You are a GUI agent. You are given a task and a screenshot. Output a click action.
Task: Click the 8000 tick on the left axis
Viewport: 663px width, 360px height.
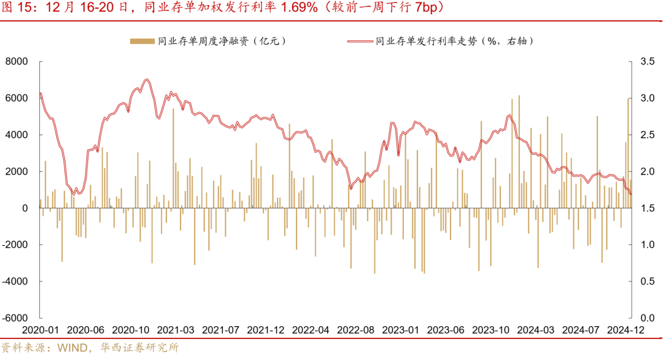pos(17,61)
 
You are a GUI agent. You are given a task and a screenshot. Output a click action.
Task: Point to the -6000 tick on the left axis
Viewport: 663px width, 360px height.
pos(15,318)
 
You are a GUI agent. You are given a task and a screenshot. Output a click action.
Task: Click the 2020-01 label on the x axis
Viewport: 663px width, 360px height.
pos(41,330)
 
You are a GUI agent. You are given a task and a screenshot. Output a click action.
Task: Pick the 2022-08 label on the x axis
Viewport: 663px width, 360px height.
pos(355,330)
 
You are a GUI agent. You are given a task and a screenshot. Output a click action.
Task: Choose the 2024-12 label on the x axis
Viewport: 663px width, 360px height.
pos(626,330)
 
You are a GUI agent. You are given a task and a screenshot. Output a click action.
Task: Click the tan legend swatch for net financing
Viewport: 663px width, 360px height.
pos(141,41)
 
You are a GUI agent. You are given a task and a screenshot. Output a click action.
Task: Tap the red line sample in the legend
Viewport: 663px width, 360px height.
pos(360,41)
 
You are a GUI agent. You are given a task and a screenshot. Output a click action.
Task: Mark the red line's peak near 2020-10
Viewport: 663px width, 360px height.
pos(146,79)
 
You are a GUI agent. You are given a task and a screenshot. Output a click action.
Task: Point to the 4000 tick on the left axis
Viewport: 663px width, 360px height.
pos(17,135)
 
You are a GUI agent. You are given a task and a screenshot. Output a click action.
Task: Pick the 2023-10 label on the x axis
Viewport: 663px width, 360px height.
pos(491,330)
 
